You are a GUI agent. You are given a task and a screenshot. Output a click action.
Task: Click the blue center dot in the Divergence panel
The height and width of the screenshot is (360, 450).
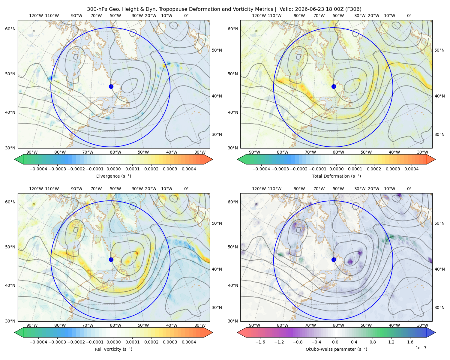(111, 86)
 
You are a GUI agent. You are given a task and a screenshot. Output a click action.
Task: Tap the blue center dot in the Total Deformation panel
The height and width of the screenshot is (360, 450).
(334, 86)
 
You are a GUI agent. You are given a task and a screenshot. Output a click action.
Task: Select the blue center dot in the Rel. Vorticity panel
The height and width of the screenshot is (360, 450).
(111, 259)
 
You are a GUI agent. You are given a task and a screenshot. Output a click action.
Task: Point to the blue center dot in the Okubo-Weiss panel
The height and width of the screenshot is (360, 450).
(334, 259)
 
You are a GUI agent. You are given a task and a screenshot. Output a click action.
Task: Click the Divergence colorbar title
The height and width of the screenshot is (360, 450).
(113, 176)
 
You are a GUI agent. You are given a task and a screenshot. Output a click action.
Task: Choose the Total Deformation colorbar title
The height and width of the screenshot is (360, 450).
(336, 176)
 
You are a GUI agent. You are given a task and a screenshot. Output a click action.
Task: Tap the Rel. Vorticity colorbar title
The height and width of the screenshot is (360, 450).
(113, 349)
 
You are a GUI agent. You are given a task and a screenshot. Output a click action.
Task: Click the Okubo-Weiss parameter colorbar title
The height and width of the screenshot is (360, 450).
(336, 349)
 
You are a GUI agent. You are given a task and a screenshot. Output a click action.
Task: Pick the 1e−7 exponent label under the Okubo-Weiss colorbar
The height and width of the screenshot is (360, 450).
(421, 348)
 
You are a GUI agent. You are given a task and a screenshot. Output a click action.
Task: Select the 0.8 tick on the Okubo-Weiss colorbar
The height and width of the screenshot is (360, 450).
(373, 342)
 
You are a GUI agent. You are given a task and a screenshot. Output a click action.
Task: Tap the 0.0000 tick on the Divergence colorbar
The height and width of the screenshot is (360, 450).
(113, 169)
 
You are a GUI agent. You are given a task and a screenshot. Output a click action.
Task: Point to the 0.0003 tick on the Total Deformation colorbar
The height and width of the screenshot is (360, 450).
(393, 169)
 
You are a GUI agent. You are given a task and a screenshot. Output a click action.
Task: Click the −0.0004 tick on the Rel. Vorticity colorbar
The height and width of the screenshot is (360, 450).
(38, 342)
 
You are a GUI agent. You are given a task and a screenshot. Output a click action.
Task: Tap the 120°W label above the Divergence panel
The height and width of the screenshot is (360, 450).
(36, 16)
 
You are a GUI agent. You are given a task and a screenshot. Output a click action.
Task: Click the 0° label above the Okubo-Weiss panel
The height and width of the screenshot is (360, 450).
(409, 189)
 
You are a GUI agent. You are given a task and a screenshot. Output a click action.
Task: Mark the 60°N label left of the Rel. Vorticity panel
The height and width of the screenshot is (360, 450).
(10, 202)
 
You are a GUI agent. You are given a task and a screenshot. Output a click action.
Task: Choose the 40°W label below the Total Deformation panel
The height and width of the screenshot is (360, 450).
(394, 152)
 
